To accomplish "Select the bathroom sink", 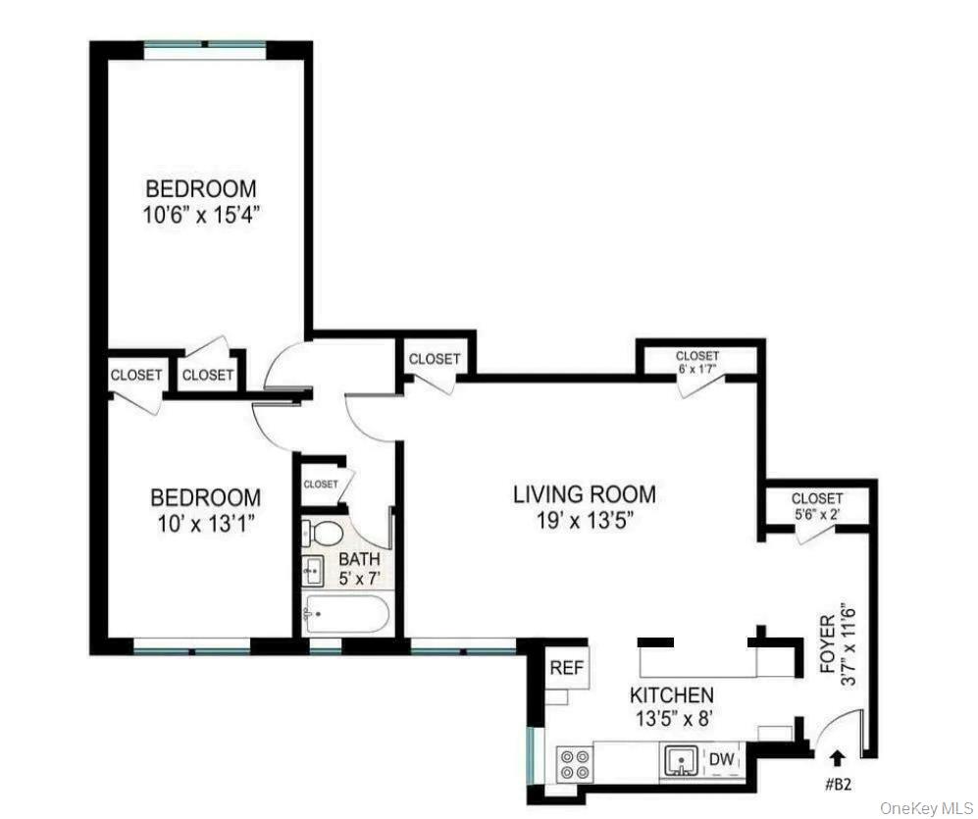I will (314, 568).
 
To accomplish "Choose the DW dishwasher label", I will (721, 758).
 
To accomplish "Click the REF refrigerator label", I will (566, 669).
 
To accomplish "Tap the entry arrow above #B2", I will (837, 756).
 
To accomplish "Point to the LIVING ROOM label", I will (585, 494).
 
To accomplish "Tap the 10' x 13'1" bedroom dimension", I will (205, 523).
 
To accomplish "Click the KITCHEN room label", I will (671, 695).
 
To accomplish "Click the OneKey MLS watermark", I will (926, 807).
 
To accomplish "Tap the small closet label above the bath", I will (321, 485).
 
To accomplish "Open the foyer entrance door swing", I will (841, 734).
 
